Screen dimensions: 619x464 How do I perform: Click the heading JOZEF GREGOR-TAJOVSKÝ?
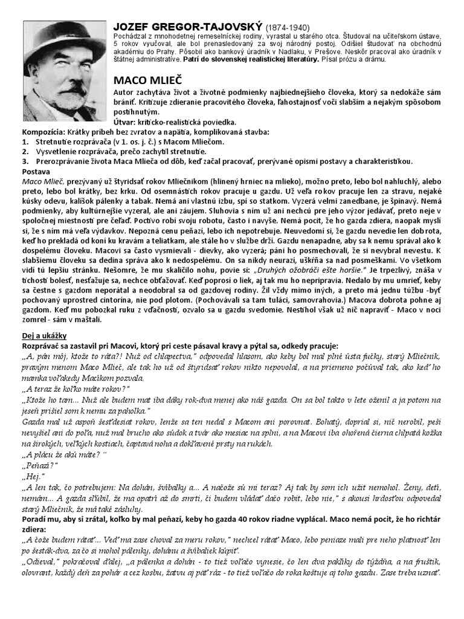[188, 27]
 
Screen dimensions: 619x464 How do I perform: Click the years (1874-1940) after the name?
[288, 28]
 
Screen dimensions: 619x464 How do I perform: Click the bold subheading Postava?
[36, 171]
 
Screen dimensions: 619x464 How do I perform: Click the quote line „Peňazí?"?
[39, 466]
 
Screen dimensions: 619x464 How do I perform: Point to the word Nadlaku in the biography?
[273, 53]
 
